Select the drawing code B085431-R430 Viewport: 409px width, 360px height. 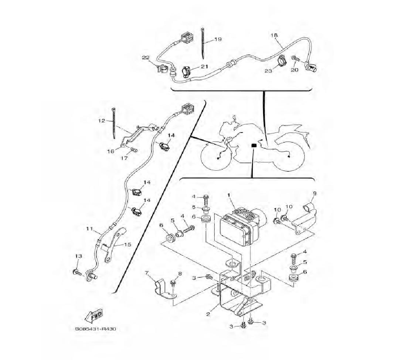(96, 329)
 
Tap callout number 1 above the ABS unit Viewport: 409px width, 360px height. (229, 195)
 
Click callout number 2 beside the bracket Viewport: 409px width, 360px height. (208, 314)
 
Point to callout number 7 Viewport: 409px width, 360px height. (146, 273)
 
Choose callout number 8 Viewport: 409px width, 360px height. (180, 273)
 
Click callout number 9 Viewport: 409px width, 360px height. (315, 193)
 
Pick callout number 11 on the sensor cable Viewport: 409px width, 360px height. (90, 229)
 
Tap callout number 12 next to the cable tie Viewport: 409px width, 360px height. (101, 121)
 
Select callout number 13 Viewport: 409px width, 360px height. (79, 256)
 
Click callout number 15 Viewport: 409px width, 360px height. (128, 245)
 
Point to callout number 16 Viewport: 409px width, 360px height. (111, 151)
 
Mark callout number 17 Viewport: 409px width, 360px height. (124, 158)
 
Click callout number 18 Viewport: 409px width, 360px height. (274, 35)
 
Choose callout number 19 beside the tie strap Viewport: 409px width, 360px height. (218, 39)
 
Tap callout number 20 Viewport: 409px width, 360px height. (294, 70)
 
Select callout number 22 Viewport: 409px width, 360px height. (146, 57)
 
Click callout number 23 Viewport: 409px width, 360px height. (268, 71)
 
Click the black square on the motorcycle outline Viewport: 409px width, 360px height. (254, 146)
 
